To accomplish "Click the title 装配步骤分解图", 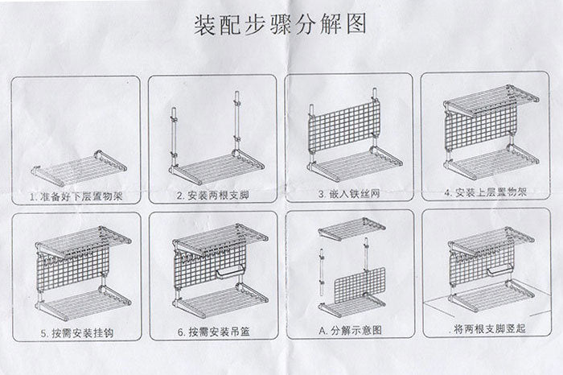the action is point(280,24).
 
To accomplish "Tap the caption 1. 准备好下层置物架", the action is point(76,196).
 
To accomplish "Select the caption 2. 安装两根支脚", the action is point(213,196).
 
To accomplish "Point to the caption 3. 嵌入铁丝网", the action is point(349,194).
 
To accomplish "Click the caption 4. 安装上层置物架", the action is point(486,192).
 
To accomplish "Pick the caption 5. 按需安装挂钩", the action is point(77,333).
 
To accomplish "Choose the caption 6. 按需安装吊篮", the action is point(214,332).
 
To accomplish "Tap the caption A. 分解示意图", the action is point(350,330).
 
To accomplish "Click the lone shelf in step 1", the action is point(79,167).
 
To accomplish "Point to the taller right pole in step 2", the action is point(237,122).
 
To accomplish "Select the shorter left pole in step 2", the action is point(173,137).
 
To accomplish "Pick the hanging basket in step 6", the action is point(231,273).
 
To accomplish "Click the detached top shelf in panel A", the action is point(352,229).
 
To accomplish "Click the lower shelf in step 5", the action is point(84,303).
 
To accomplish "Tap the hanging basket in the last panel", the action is point(500,270).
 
